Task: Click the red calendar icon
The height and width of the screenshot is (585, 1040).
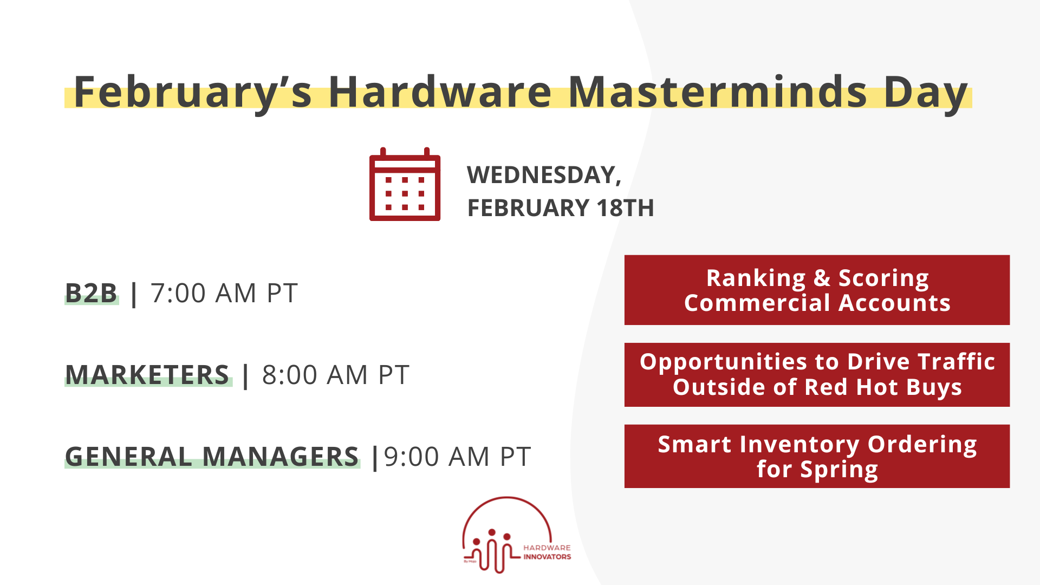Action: tap(405, 185)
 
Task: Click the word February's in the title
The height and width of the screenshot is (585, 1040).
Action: tap(192, 92)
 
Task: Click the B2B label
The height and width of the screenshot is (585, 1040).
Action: tap(91, 293)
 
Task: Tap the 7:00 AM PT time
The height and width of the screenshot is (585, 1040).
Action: tap(224, 293)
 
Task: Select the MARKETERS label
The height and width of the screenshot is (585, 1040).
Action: tap(147, 375)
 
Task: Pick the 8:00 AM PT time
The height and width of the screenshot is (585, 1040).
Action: tap(335, 375)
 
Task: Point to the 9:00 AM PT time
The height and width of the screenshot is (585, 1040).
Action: tap(457, 457)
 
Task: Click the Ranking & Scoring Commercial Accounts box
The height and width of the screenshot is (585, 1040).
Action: tap(816, 290)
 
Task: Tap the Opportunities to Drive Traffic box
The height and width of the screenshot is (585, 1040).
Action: tap(816, 374)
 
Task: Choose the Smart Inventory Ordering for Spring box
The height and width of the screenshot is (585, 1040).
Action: tap(816, 456)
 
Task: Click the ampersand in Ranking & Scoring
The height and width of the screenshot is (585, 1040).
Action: tap(821, 278)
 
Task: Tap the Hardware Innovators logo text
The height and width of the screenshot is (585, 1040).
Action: tap(547, 552)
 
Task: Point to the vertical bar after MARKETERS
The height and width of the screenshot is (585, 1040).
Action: tap(246, 375)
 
